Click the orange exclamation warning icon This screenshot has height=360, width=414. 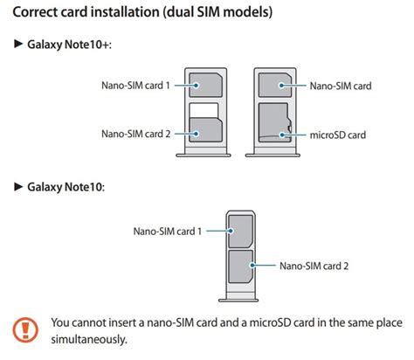pyautogui.click(x=25, y=329)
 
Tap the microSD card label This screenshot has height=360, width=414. pyautogui.click(x=338, y=135)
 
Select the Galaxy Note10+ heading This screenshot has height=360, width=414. pyautogui.click(x=70, y=45)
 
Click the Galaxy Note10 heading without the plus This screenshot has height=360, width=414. pyautogui.click(x=66, y=187)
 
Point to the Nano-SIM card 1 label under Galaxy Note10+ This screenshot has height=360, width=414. pyautogui.click(x=135, y=86)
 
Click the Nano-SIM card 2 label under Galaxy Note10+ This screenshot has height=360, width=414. pyautogui.click(x=135, y=134)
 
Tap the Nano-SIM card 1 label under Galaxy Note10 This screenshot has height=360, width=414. pyautogui.click(x=168, y=232)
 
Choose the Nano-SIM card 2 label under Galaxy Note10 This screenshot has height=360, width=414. pyautogui.click(x=314, y=266)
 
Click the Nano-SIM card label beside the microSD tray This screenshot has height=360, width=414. pyautogui.click(x=341, y=86)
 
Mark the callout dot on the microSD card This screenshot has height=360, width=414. pyautogui.click(x=281, y=135)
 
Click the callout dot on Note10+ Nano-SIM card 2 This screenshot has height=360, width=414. pyautogui.click(x=197, y=134)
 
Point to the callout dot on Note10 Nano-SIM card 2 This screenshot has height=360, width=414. pyautogui.click(x=252, y=266)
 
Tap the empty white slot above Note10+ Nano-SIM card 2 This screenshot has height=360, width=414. pyautogui.click(x=204, y=110)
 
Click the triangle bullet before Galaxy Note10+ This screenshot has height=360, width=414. pyautogui.click(x=18, y=44)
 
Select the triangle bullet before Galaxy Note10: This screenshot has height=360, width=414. pyautogui.click(x=18, y=186)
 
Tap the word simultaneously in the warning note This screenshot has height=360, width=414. pyautogui.click(x=89, y=340)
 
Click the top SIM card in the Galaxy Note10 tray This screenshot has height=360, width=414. pyautogui.click(x=240, y=232)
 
